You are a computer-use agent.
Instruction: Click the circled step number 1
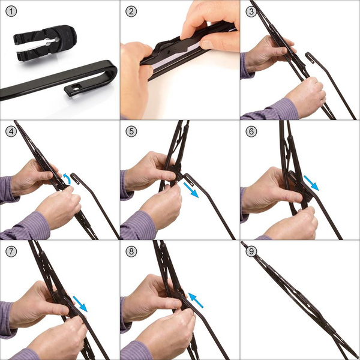tap(11, 11)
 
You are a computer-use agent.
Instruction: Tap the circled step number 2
tap(131, 11)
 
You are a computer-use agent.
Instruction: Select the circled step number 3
tap(251, 11)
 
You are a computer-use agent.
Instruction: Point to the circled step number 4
tap(11, 131)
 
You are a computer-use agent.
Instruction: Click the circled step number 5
tap(131, 131)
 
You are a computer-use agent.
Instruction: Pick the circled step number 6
tap(251, 131)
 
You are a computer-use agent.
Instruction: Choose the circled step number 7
tap(11, 251)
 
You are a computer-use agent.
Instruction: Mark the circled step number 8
tap(131, 251)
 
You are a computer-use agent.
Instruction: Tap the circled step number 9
tap(251, 251)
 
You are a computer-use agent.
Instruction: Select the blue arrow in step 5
tap(191, 190)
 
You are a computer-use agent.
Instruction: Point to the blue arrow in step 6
tap(310, 182)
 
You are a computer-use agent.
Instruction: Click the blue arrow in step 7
tap(79, 303)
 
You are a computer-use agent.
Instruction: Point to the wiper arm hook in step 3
tap(311, 59)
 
